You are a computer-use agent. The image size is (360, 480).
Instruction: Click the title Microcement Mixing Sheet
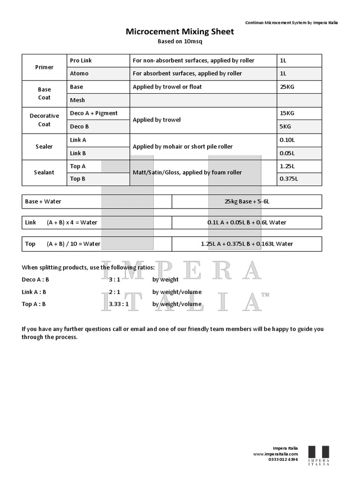(180, 32)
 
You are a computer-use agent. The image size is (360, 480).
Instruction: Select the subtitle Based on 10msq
(180, 41)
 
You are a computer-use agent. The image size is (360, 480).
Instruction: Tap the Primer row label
(45, 67)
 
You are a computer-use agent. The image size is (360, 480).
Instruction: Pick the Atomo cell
(79, 74)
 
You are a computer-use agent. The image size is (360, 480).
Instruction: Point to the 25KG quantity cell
(287, 87)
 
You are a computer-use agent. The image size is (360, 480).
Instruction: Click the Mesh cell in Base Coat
(77, 100)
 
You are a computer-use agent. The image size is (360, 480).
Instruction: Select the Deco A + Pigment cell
(94, 113)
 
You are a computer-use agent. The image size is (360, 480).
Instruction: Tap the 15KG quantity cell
(287, 113)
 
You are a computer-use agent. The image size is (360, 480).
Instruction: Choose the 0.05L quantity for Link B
(287, 153)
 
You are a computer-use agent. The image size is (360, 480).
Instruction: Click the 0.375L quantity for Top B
(289, 179)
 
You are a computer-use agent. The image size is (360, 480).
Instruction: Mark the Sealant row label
(45, 172)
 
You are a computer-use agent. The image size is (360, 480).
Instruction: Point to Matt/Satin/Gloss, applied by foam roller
(187, 172)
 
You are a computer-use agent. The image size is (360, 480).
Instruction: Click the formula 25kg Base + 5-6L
(247, 202)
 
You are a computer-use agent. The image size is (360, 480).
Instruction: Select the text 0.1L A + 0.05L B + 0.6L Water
(247, 223)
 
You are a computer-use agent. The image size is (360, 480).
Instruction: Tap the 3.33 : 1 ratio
(119, 304)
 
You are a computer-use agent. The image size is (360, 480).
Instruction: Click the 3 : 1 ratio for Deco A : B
(114, 279)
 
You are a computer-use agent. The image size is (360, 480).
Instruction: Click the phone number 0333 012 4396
(283, 459)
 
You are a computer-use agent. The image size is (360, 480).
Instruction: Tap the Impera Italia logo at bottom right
(318, 455)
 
